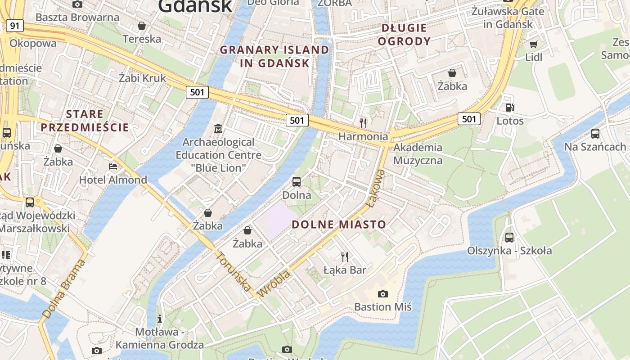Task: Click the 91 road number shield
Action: coord(15,26)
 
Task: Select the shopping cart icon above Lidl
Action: coord(533,44)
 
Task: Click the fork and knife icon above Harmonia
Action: coord(363,122)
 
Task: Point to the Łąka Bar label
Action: coord(345,270)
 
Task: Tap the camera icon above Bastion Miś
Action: coord(383,294)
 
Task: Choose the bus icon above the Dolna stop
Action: coord(297,182)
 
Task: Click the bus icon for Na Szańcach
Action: coord(595,133)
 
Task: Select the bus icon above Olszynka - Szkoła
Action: coord(509,237)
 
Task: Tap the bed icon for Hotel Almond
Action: coord(113,166)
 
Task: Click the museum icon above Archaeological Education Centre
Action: coord(218,129)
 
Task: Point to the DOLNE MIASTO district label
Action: coord(339,225)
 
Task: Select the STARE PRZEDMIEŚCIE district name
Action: coord(85,121)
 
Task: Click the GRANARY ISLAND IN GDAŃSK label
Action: coord(274,56)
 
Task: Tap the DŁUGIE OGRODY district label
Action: coord(404,35)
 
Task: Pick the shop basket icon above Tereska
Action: coord(142,26)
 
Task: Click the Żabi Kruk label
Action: coord(142,78)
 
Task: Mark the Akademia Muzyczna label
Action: coord(418,154)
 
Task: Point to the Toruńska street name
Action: coord(234,271)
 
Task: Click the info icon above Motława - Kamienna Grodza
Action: coord(160,319)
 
